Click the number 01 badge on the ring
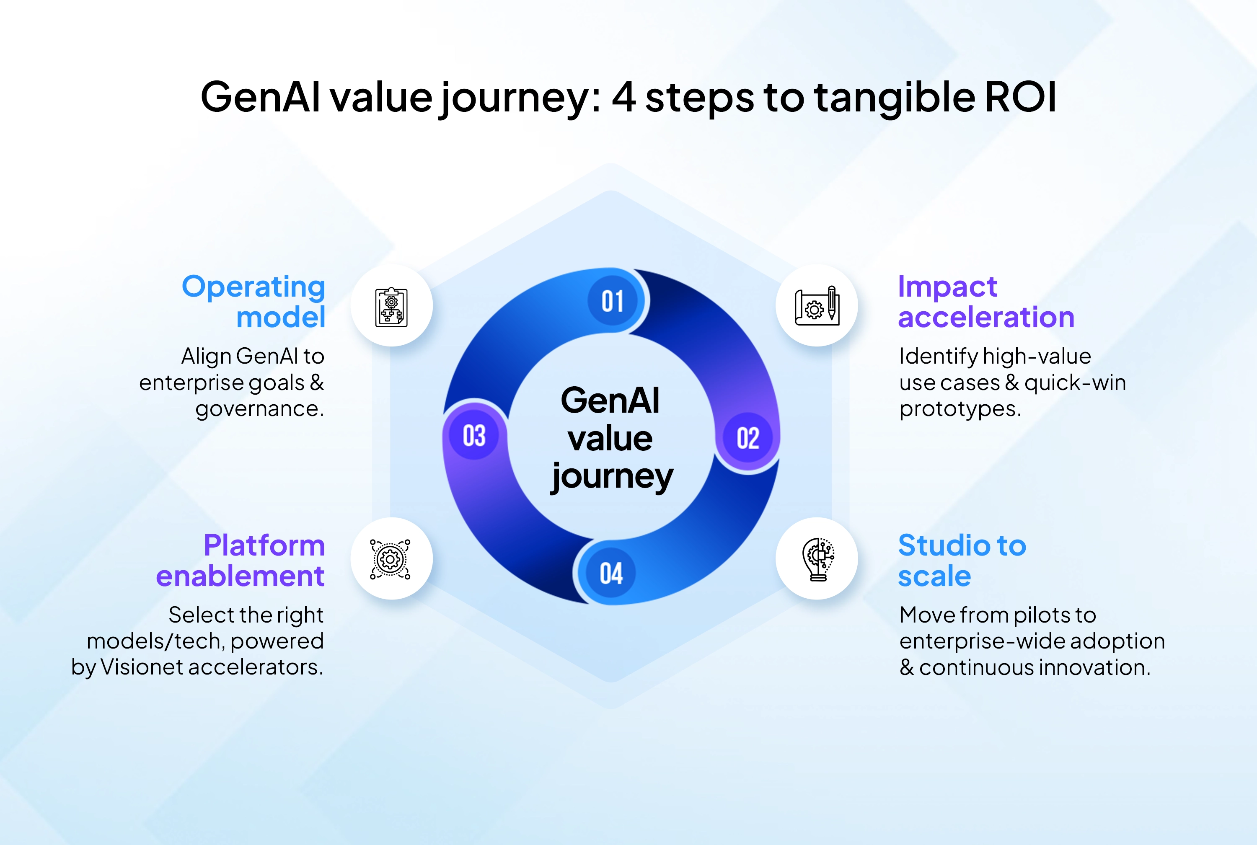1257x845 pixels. tap(612, 301)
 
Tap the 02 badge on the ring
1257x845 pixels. tap(748, 438)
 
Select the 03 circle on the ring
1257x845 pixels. tap(474, 435)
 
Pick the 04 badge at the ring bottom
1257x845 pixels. tap(611, 573)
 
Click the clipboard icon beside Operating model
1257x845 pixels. tap(391, 307)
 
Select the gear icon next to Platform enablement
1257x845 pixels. tap(390, 559)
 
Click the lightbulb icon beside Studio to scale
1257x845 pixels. tap(818, 559)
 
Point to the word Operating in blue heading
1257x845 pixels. tap(253, 287)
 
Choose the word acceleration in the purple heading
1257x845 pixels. tap(986, 318)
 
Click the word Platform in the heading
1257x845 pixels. tap(264, 545)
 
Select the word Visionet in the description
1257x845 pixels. tap(142, 667)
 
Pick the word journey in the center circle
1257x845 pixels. tap(612, 477)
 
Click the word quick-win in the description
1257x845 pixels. tap(1075, 382)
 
